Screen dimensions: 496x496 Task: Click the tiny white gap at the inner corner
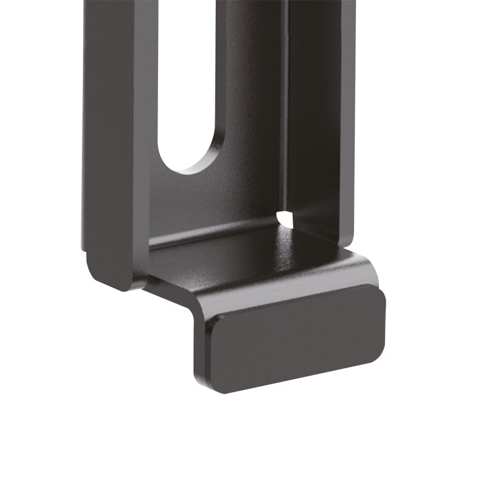coord(285,218)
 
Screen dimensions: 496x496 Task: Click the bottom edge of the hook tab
coord(298,378)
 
